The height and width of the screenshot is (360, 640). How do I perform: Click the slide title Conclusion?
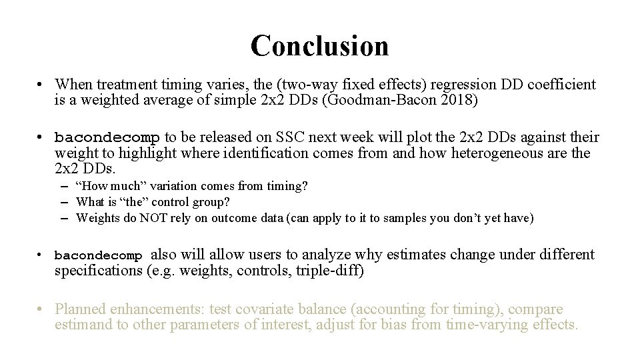click(x=319, y=45)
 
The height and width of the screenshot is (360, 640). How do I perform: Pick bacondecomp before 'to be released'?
click(x=107, y=138)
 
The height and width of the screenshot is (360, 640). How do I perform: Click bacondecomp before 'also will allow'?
click(x=99, y=256)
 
